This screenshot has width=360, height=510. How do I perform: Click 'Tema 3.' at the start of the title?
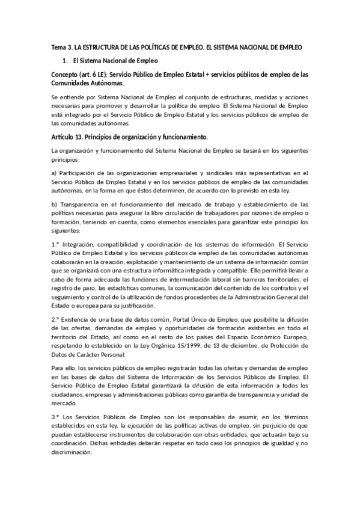pyautogui.click(x=60, y=46)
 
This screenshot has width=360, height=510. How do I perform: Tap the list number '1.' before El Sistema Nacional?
pyautogui.click(x=65, y=61)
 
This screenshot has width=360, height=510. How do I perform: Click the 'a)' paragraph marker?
pyautogui.click(x=53, y=173)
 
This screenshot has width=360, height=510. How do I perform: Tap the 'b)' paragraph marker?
pyautogui.click(x=54, y=204)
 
